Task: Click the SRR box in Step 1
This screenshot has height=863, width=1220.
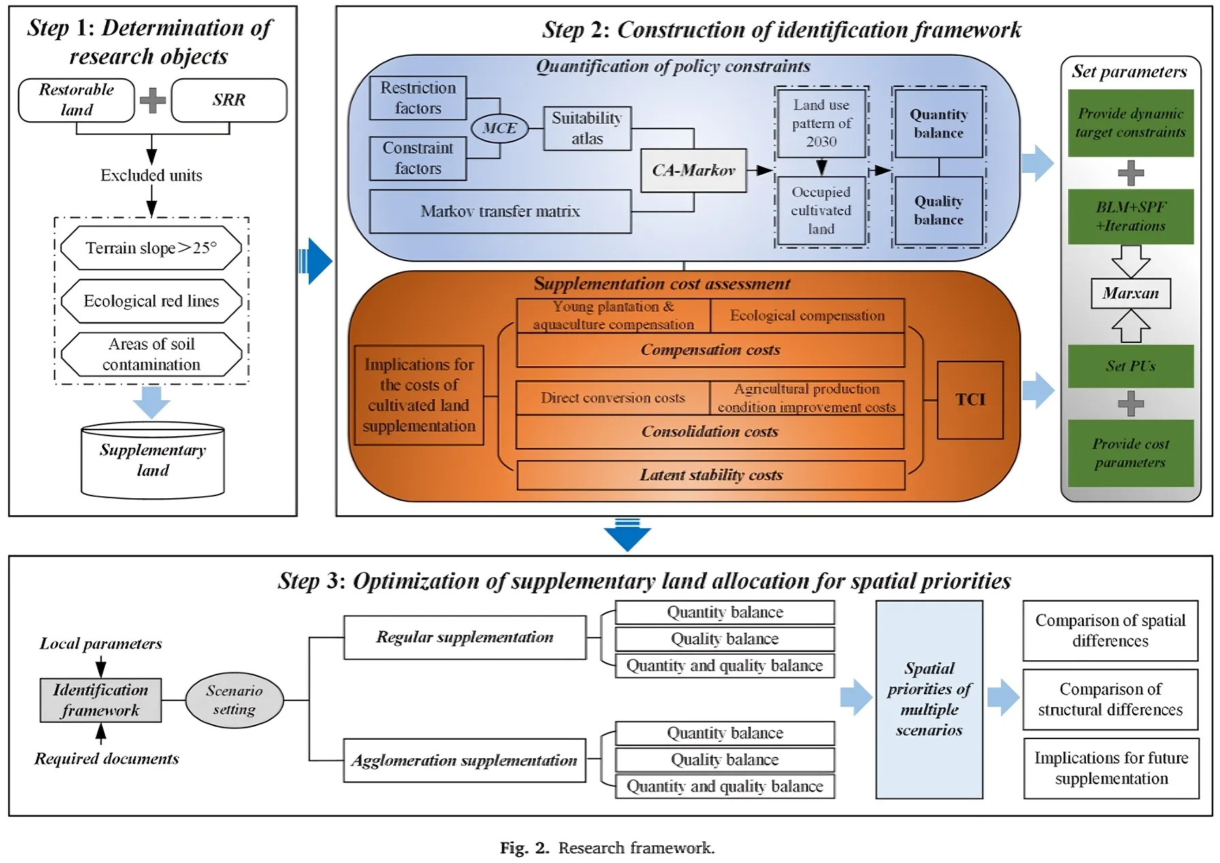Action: [229, 100]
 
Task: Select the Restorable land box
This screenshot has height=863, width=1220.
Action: [76, 100]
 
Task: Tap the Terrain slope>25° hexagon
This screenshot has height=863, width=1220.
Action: [151, 248]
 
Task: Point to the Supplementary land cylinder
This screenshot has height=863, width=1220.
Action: [152, 461]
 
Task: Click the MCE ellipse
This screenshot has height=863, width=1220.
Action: [500, 128]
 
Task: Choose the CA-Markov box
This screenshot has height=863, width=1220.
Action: [694, 170]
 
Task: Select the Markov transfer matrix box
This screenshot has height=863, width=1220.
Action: [500, 212]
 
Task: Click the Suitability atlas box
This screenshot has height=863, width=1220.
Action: [587, 128]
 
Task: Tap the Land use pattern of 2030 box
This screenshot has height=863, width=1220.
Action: [821, 123]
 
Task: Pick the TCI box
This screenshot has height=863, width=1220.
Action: [970, 400]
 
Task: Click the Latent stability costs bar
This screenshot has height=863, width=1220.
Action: [711, 475]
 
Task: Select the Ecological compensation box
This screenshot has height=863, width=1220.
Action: [807, 316]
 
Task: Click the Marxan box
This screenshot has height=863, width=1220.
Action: [1130, 293]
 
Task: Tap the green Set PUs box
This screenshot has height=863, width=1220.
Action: [1130, 366]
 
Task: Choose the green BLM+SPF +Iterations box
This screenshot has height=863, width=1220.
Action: [1130, 216]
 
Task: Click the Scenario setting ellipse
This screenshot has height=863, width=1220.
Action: [234, 700]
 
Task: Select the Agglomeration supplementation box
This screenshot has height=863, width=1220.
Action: [464, 760]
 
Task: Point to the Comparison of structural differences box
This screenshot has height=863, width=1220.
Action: [1110, 700]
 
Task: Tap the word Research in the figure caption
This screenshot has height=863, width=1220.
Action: [591, 848]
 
